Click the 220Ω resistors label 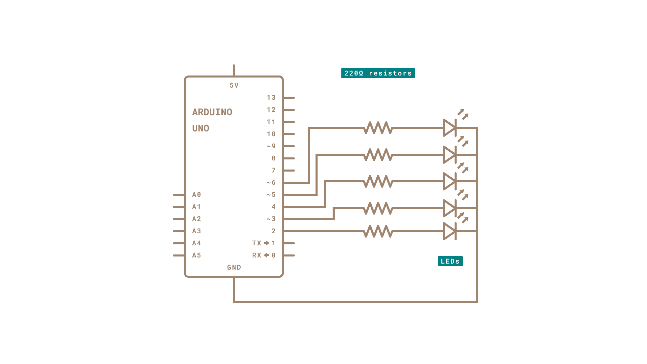click(x=378, y=73)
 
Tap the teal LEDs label click(x=450, y=261)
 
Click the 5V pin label click(x=234, y=86)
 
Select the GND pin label click(x=234, y=267)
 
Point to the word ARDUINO click(x=212, y=112)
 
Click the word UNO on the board click(x=201, y=128)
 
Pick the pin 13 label click(x=271, y=98)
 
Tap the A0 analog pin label click(x=196, y=195)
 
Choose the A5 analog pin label click(x=196, y=255)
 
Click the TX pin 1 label click(x=264, y=243)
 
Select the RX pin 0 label click(x=264, y=255)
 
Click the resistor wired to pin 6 click(x=378, y=128)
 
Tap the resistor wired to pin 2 click(x=378, y=231)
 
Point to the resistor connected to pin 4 click(x=378, y=181)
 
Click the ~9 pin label click(x=271, y=146)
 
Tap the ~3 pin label click(x=271, y=219)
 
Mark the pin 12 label click(x=271, y=110)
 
